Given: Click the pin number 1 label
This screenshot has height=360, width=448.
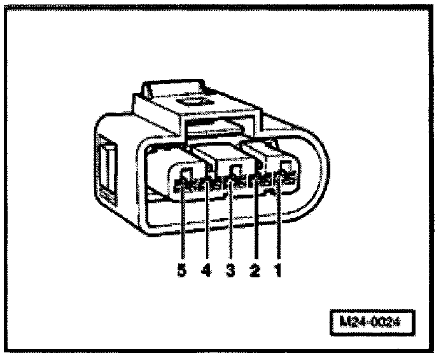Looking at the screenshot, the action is (277, 270).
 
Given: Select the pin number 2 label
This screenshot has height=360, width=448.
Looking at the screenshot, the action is (255, 270).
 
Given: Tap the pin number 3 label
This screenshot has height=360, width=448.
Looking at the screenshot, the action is (231, 270).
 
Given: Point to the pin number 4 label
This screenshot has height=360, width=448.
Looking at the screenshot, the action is (206, 270).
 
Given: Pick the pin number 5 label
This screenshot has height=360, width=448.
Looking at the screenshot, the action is (182, 270).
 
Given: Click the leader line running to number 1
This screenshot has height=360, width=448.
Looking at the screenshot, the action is (279, 223).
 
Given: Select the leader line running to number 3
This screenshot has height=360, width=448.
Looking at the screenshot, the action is (232, 223).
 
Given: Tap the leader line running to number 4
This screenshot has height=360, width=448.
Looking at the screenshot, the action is (207, 223).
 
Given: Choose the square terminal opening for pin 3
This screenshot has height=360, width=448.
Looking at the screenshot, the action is (235, 170).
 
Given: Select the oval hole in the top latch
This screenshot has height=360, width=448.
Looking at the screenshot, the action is (192, 100).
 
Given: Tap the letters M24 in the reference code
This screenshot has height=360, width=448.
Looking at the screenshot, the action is (354, 321).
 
